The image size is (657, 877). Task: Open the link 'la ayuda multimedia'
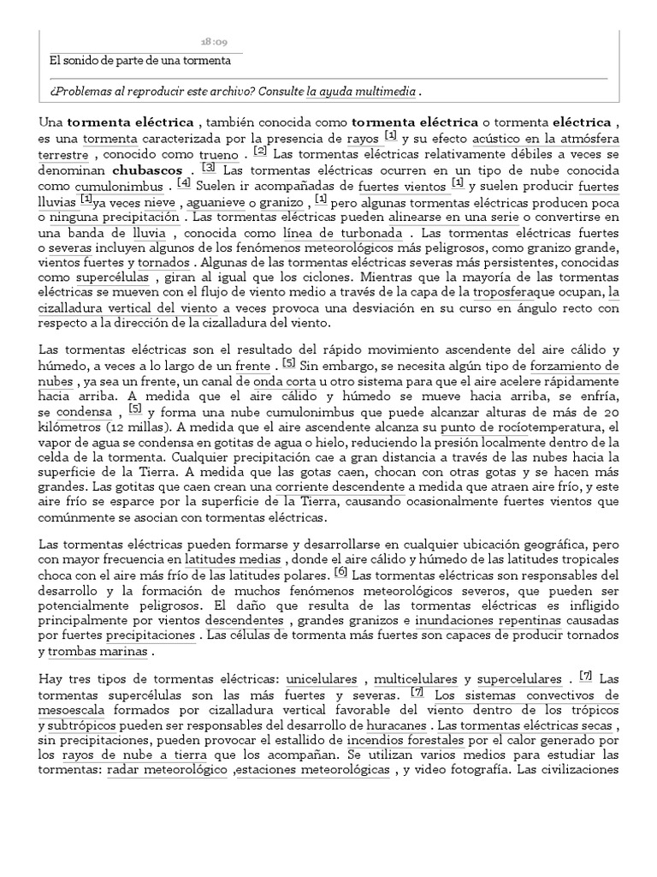(x=361, y=91)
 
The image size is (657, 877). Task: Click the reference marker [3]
(x=208, y=168)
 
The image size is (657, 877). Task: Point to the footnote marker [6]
(x=340, y=571)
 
